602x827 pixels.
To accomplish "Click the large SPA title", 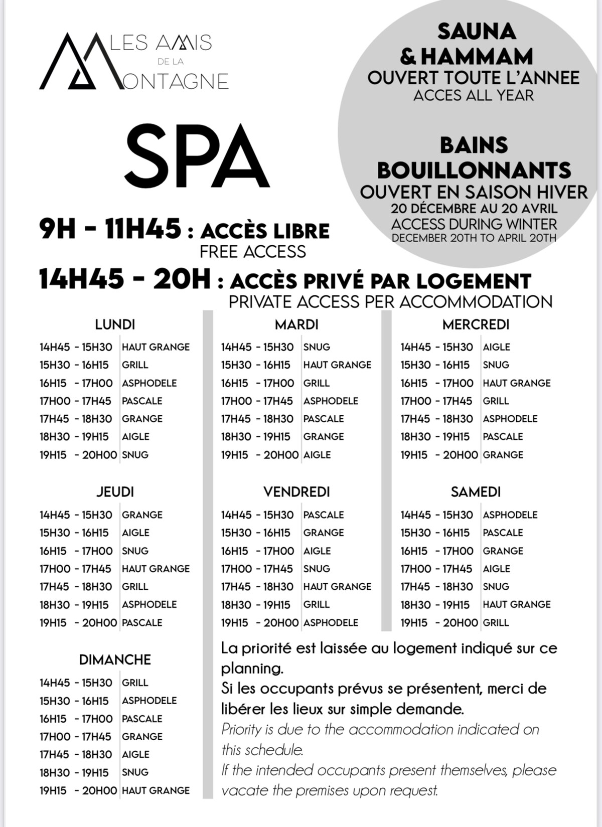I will (197, 156).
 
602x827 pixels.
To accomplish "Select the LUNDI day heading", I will (115, 324).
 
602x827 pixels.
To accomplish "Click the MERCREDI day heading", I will (476, 324).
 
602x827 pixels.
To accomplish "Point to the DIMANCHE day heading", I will (115, 659).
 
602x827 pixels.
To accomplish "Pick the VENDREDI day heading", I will (296, 492).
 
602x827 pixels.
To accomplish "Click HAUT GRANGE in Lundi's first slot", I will (156, 347).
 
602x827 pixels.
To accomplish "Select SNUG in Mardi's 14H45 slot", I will (317, 347).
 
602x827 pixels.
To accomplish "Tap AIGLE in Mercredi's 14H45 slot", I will (496, 347).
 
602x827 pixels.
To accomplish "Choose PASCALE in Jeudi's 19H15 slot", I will (142, 622).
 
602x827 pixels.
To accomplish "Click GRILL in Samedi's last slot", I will (496, 622).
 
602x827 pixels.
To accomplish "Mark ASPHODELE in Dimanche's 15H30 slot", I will (149, 701).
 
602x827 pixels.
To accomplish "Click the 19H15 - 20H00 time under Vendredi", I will (260, 622).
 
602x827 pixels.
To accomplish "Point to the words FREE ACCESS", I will (252, 251).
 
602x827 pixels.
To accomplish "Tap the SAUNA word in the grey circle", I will (476, 32).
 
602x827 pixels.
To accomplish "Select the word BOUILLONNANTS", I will (474, 170).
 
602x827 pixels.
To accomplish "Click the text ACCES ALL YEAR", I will (474, 95).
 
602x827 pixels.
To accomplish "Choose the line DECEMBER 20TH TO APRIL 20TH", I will (474, 238).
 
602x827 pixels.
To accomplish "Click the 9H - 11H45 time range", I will (110, 230).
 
